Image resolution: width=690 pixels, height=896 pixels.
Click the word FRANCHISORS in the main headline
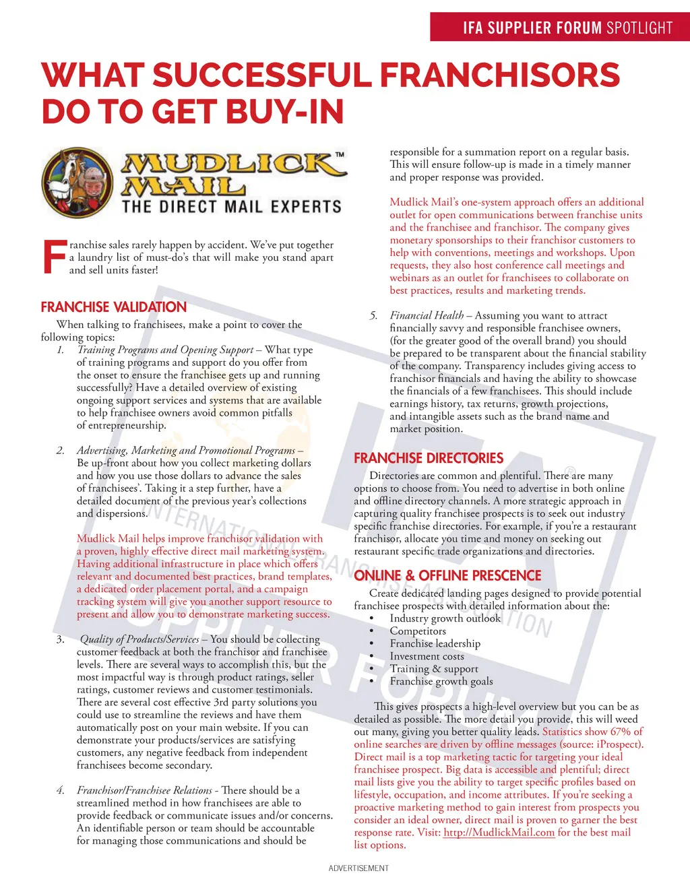click(x=500, y=75)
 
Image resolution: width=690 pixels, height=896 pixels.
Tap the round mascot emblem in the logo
click(x=77, y=182)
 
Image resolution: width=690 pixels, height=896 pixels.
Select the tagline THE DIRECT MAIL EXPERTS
click(x=232, y=206)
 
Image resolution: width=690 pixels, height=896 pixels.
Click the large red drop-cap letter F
click(x=54, y=257)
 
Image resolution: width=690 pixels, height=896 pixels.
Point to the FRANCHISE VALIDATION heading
click(x=113, y=307)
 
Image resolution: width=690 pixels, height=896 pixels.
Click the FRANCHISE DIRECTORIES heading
click(x=429, y=458)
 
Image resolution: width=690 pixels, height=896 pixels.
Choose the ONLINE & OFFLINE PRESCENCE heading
click(x=447, y=576)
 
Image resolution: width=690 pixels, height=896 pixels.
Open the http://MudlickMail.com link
click(x=499, y=833)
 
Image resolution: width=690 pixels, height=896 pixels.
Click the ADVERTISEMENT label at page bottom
click(x=358, y=868)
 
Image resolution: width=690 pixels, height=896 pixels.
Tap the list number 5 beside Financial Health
click(x=373, y=315)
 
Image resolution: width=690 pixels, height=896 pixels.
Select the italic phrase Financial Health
click(x=427, y=315)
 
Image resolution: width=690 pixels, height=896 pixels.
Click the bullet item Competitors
click(x=418, y=631)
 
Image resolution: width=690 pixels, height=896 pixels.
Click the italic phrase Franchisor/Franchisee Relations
click(x=144, y=790)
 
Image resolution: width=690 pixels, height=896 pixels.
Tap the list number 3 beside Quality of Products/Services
click(x=60, y=639)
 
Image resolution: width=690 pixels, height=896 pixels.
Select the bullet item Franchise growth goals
click(x=441, y=681)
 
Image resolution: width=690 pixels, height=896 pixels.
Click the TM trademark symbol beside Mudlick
click(x=340, y=155)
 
